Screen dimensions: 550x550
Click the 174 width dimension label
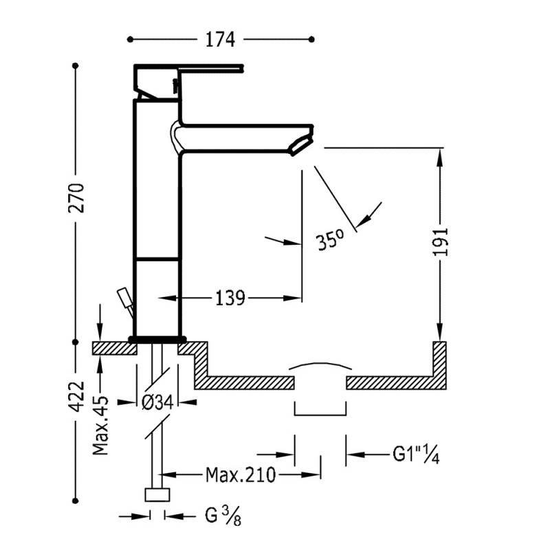click(x=220, y=39)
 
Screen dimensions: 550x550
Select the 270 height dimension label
click(x=76, y=198)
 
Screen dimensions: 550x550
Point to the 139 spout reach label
click(x=230, y=298)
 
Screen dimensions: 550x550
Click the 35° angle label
click(x=330, y=240)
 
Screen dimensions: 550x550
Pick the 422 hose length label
click(x=76, y=397)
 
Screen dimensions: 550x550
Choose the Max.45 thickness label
click(x=100, y=425)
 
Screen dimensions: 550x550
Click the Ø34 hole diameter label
click(x=157, y=402)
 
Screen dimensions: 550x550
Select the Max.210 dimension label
click(x=241, y=475)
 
